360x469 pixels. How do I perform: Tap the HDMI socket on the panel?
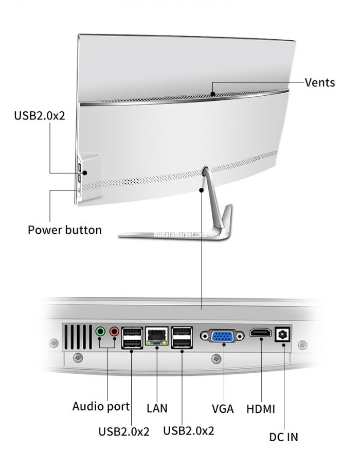pyautogui.click(x=261, y=333)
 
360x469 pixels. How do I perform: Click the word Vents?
pyautogui.click(x=319, y=82)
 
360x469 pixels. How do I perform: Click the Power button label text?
pyautogui.click(x=64, y=230)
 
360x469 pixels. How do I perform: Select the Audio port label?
pyautogui.click(x=101, y=406)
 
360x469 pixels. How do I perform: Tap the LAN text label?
pyautogui.click(x=157, y=409)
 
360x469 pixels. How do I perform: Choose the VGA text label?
pyautogui.click(x=223, y=409)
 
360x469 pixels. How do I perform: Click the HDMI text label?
pyautogui.click(x=260, y=409)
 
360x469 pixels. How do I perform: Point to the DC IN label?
pyautogui.click(x=283, y=438)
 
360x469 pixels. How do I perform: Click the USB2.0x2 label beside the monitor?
pyautogui.click(x=39, y=115)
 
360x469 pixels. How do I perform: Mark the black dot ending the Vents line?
pyautogui.click(x=212, y=94)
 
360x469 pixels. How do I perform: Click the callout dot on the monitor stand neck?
pyautogui.click(x=202, y=190)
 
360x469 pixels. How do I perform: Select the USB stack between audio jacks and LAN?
pyautogui.click(x=132, y=337)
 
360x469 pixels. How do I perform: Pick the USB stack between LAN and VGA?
pyautogui.click(x=182, y=337)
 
